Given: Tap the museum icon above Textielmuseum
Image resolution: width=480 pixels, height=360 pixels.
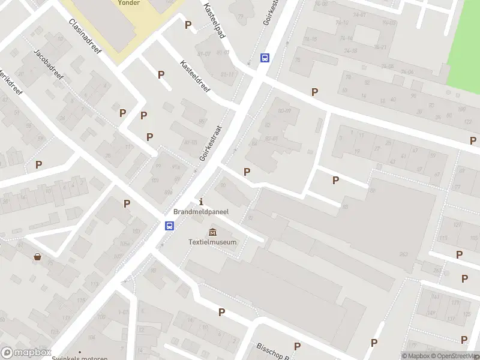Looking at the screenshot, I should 212,232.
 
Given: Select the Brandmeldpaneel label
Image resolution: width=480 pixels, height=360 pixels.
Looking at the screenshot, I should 201,212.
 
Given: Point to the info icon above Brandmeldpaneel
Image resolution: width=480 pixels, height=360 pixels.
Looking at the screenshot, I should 201,201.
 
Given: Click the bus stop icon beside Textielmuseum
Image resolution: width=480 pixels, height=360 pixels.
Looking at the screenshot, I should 170,226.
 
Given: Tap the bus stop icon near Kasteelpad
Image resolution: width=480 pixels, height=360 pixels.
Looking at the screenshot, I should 265,58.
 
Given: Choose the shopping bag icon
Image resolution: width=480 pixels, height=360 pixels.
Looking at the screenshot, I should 38,257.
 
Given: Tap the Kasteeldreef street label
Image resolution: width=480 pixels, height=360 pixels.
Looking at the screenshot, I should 196,76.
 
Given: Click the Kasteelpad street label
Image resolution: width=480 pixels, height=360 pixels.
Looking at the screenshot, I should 214,20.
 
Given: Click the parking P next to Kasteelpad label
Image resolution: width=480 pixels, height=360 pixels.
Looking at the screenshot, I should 188,25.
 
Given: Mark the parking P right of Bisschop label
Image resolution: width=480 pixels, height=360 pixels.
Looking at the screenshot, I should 297,346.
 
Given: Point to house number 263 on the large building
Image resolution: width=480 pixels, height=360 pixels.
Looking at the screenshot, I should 403,254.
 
